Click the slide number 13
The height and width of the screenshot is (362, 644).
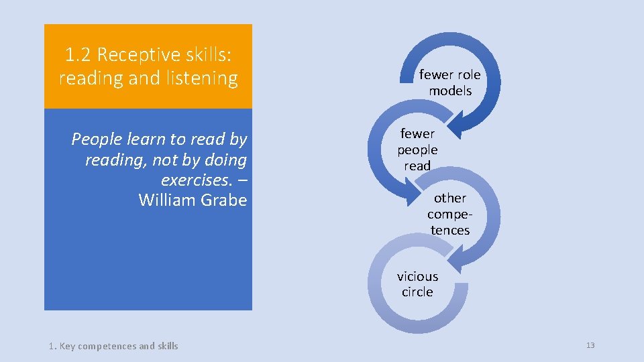(590, 345)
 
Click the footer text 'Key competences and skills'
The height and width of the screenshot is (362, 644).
(119, 346)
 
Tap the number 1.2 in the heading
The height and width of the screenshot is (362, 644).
(79, 54)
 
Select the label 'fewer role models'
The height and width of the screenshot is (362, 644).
(450, 82)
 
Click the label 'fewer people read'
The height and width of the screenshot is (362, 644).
(417, 149)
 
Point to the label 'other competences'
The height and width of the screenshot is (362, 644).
(449, 214)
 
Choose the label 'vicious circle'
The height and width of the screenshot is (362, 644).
(417, 284)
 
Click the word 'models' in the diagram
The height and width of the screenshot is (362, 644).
(450, 90)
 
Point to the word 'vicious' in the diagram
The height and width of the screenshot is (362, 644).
(417, 276)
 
